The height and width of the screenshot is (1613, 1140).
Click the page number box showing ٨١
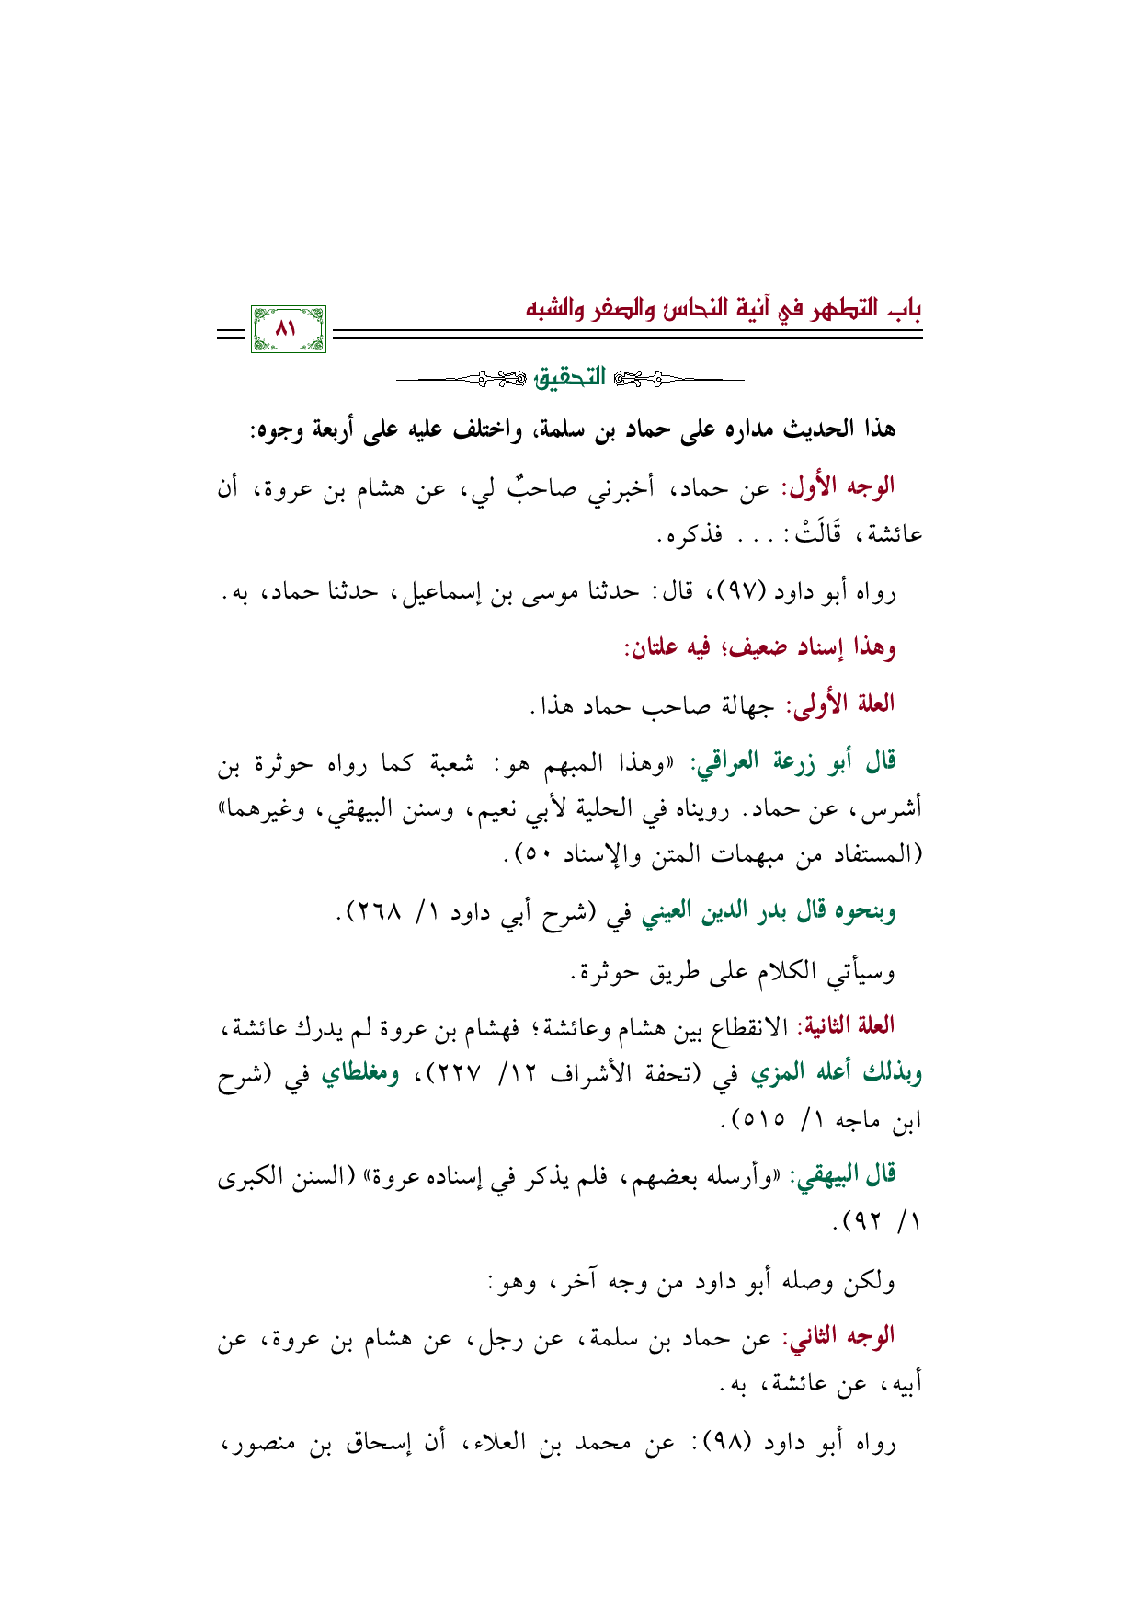[288, 328]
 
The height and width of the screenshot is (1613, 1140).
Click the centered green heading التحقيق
[571, 377]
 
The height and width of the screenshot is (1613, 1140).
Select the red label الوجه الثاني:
[838, 1336]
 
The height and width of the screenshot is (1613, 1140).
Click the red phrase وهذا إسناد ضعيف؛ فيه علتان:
[759, 648]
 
